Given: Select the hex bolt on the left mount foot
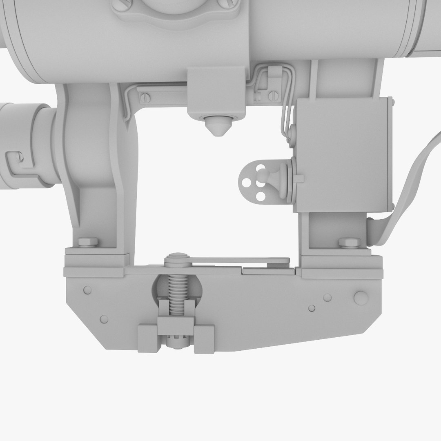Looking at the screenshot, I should [x=88, y=242].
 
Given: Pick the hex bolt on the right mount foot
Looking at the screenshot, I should [x=350, y=243].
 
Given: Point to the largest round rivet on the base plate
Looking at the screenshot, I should [x=361, y=298].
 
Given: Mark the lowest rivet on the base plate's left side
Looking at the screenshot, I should [x=104, y=319].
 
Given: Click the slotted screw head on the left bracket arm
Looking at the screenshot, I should [x=145, y=98].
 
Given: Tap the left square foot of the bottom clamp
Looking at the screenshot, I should [x=149, y=338].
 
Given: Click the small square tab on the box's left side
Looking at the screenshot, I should [x=298, y=178].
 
